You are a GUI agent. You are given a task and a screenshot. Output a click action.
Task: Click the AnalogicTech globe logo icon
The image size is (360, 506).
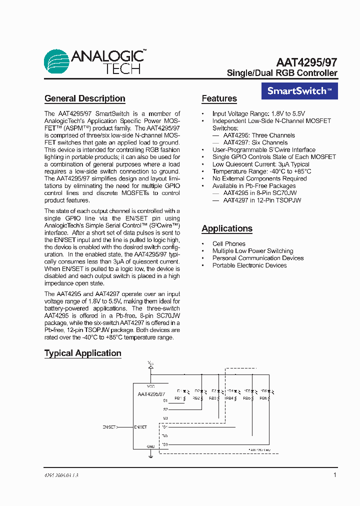tap(56, 61)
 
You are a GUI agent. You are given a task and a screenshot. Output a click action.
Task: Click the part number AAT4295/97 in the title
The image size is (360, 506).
tap(306, 62)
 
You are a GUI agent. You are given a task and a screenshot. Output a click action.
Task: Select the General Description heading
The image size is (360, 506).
tap(84, 98)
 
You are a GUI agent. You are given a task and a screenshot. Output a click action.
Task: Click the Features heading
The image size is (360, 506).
tap(219, 98)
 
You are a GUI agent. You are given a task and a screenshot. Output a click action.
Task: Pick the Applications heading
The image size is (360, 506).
tap(227, 228)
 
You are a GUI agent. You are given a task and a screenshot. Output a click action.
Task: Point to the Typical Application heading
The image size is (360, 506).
tap(82, 353)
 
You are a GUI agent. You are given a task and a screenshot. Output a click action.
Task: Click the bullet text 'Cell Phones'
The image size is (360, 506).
tap(228, 244)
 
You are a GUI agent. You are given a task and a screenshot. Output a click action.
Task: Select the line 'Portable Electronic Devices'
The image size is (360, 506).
tap(249, 265)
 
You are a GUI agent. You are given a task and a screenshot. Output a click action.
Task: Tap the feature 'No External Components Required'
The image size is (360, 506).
tap(259, 178)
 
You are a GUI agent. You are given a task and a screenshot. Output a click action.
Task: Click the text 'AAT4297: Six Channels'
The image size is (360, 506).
tap(255, 142)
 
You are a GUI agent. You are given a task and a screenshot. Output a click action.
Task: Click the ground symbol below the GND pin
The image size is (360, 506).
tap(150, 455)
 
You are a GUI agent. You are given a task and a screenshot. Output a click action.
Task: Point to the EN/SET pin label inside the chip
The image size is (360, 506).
tap(140, 427)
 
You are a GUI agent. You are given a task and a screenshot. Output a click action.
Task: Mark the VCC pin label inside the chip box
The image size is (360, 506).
tap(150, 386)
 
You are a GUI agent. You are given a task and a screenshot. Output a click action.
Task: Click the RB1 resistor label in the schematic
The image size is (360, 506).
tap(178, 398)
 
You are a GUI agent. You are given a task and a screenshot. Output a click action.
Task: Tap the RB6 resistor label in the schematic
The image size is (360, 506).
tap(263, 398)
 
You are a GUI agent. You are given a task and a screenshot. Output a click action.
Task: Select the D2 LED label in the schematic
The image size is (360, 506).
tap(197, 391)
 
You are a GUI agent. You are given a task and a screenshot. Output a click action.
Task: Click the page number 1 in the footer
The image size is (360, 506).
tap(335, 475)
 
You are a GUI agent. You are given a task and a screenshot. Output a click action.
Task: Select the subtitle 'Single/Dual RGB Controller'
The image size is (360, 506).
tap(282, 73)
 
